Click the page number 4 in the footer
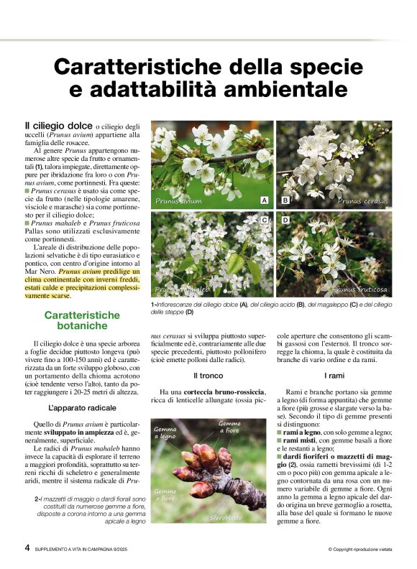tap(27, 547)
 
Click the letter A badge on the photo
tap(265, 200)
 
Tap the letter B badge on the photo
tap(285, 200)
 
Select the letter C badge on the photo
tap(265, 219)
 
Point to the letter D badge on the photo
tap(285, 219)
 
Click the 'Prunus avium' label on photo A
tap(178, 201)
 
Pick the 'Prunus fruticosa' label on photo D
tap(359, 290)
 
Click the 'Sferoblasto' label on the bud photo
tap(226, 517)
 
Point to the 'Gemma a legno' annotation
tap(165, 432)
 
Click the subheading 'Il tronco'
tap(208, 376)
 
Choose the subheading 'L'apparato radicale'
tap(76, 408)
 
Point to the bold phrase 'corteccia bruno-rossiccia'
tap(229, 391)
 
